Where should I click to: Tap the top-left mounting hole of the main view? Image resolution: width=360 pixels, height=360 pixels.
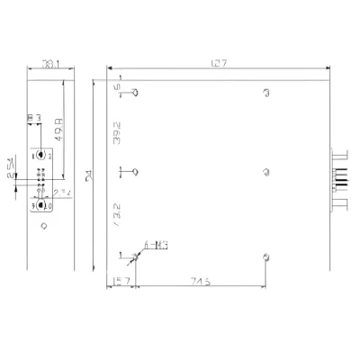click(x=135, y=92)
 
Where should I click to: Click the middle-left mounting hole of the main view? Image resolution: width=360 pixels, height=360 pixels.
click(x=135, y=171)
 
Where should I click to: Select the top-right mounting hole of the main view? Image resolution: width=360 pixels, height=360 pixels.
click(x=265, y=92)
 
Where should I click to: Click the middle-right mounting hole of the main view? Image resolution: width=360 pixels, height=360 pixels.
click(x=265, y=171)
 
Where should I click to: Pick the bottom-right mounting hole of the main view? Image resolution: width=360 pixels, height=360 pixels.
click(x=265, y=256)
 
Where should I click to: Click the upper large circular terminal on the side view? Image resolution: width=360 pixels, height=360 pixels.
click(x=41, y=155)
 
